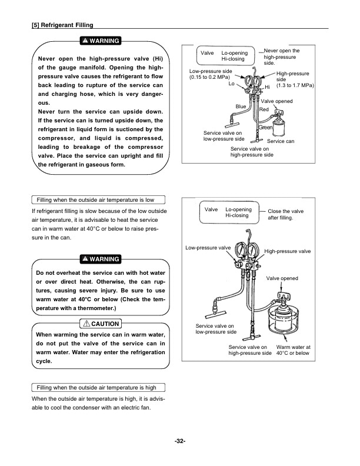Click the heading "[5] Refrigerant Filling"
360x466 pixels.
(62, 25)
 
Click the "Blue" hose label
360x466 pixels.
(241, 106)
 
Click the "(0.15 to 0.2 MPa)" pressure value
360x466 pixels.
(210, 78)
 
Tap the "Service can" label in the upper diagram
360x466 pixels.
(281, 142)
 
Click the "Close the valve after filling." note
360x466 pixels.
(286, 214)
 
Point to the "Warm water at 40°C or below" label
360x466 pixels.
(293, 350)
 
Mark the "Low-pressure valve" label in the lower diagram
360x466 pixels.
(208, 248)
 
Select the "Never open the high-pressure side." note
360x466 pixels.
(282, 57)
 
